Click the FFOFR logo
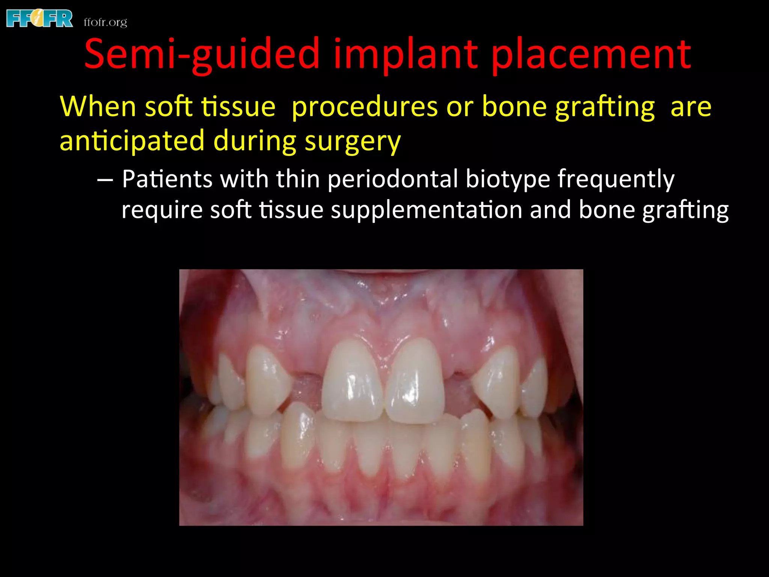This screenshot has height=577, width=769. pyautogui.click(x=40, y=19)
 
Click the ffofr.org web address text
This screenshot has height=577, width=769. pyautogui.click(x=105, y=22)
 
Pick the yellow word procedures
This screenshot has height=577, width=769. pyautogui.click(x=364, y=107)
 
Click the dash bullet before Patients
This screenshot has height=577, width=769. pyautogui.click(x=105, y=180)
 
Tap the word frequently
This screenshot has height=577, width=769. pyautogui.click(x=616, y=180)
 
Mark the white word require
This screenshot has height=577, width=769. pyautogui.click(x=162, y=210)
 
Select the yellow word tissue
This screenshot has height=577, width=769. pyautogui.click(x=238, y=107)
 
